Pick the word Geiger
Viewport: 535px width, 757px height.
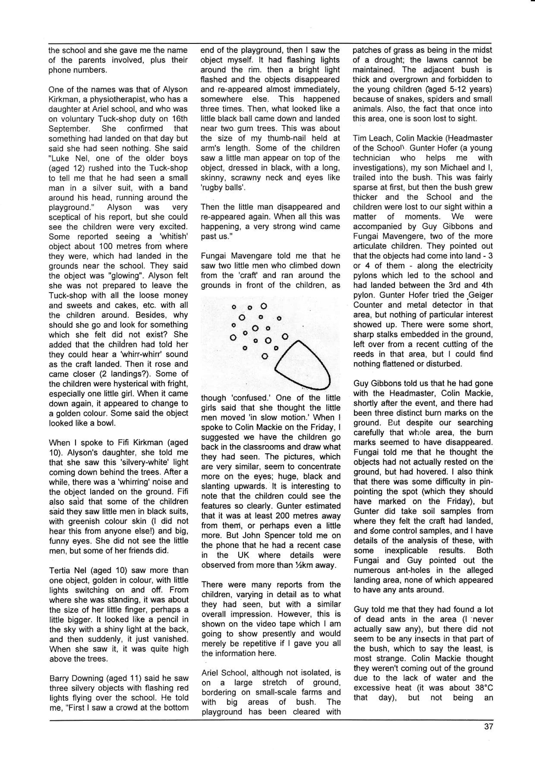(x=481, y=295)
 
